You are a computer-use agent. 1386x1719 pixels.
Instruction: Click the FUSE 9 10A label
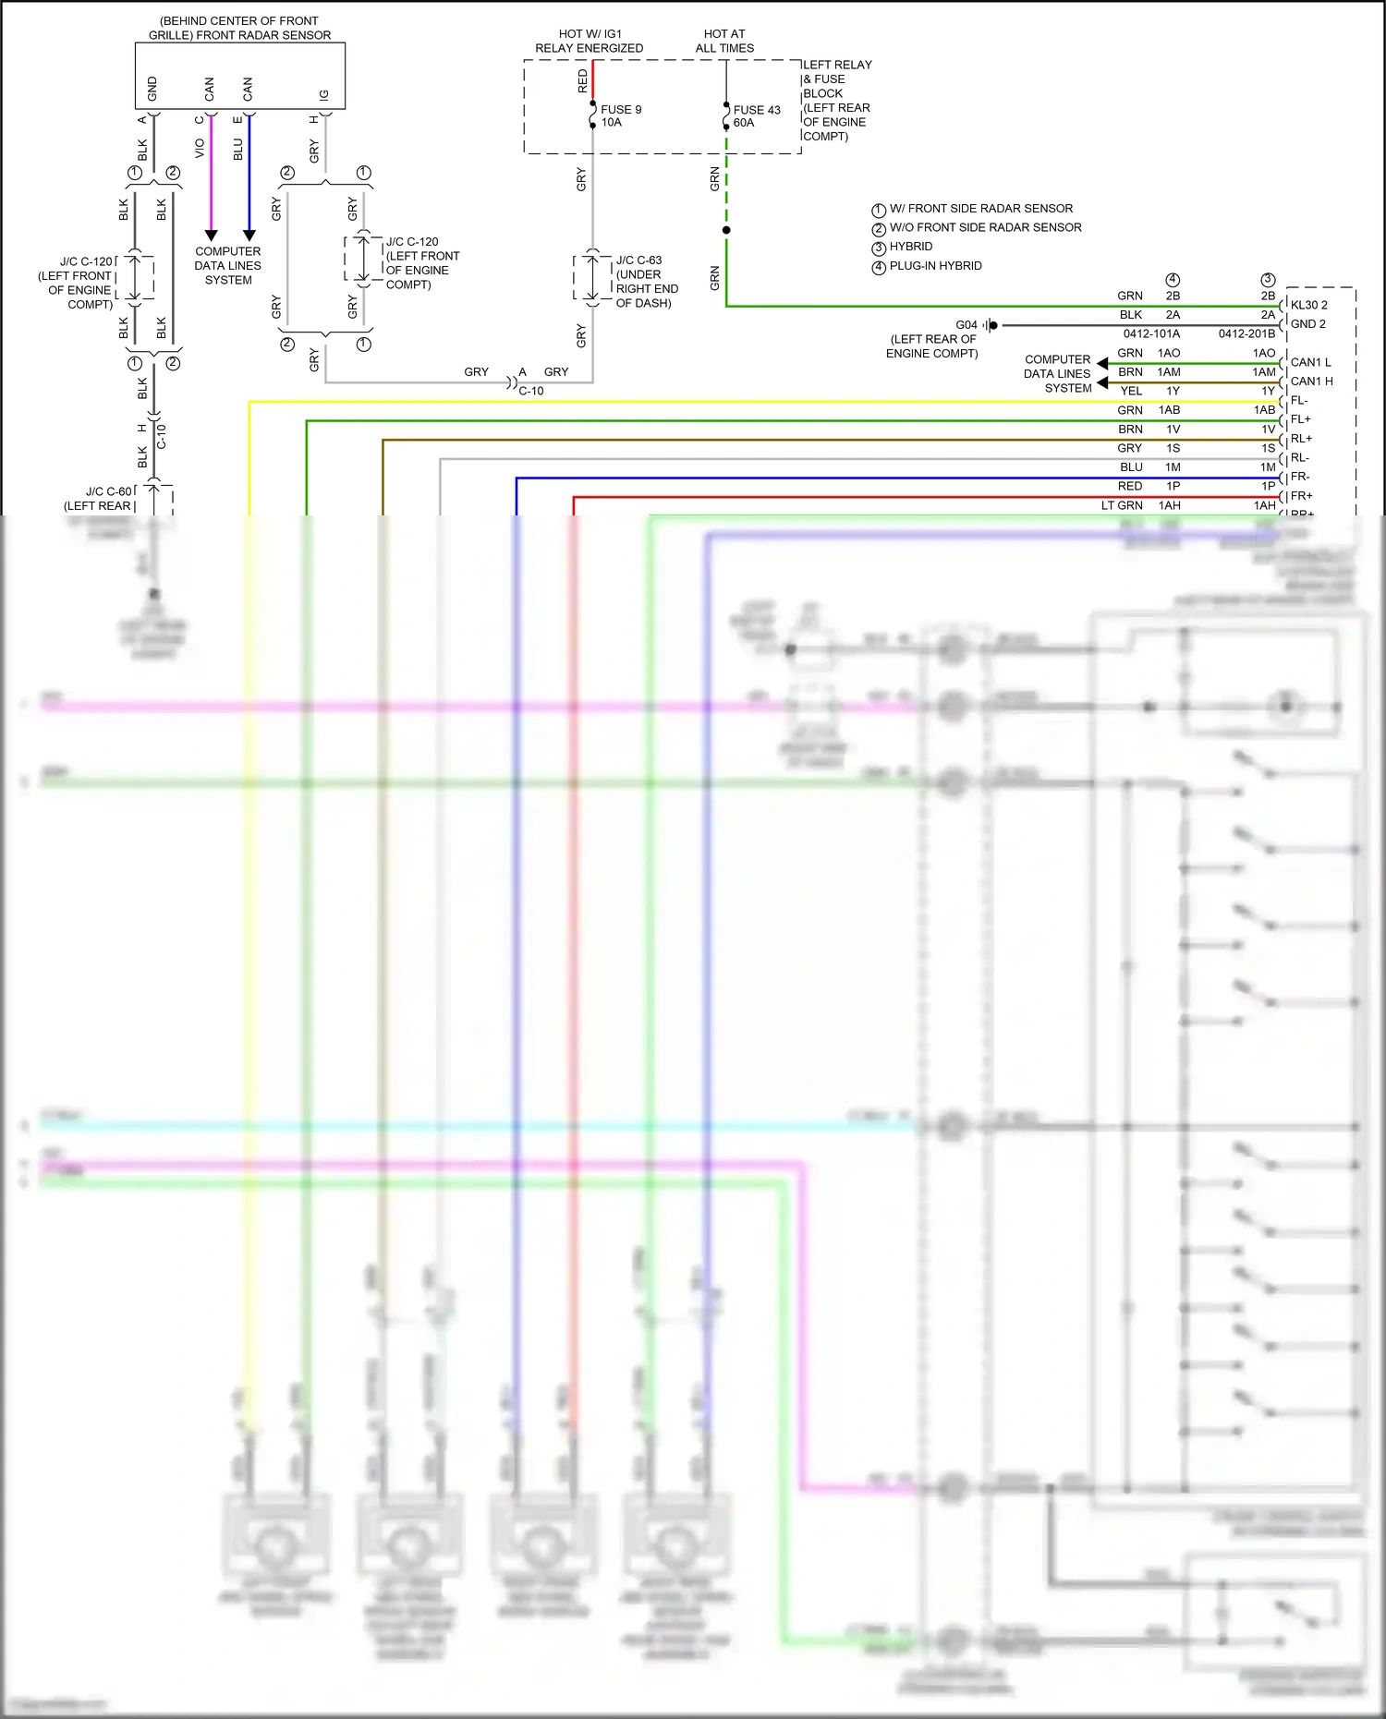(620, 115)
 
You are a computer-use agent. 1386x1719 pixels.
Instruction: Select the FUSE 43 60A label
(756, 115)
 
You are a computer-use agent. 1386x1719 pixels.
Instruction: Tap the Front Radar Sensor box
(240, 76)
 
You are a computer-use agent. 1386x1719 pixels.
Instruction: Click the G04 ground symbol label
(967, 325)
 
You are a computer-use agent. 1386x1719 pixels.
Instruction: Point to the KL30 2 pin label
(1308, 305)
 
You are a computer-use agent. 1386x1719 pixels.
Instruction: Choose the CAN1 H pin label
(1311, 381)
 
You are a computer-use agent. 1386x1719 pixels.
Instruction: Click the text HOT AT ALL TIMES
(724, 41)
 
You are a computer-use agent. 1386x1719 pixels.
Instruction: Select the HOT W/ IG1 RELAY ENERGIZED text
(589, 41)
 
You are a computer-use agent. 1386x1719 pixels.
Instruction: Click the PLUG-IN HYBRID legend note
(934, 266)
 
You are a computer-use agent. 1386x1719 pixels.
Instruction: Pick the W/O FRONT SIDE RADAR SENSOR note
(984, 227)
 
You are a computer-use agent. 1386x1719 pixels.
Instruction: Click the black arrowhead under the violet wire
(211, 236)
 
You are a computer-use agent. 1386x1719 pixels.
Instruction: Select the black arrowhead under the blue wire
(249, 236)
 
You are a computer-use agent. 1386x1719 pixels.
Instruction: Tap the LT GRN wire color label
(1122, 506)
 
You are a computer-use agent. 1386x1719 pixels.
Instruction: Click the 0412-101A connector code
(1151, 333)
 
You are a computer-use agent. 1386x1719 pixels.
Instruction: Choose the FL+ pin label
(1300, 419)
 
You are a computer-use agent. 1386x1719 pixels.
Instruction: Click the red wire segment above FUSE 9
(592, 79)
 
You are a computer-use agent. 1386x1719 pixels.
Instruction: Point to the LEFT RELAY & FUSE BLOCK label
(836, 100)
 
